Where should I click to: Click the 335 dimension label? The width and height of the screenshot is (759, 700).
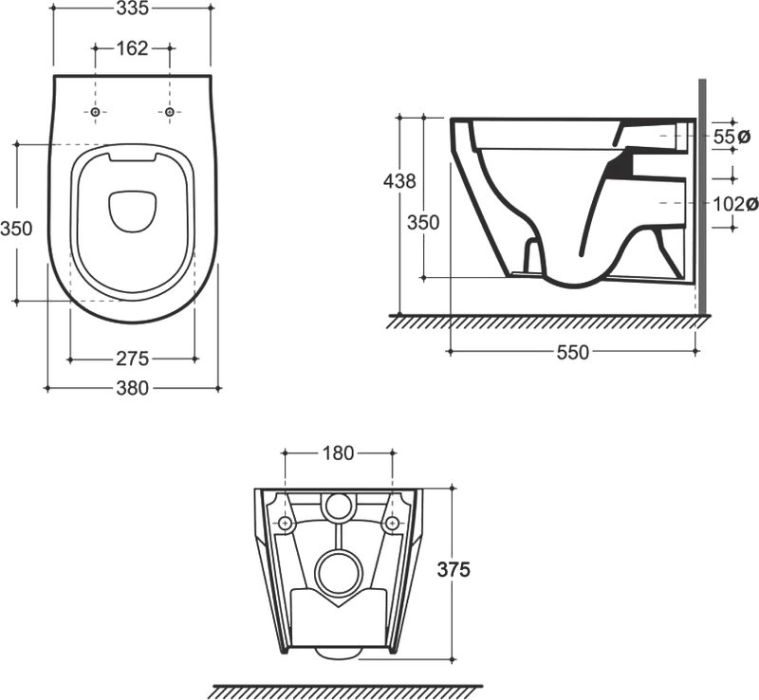click(132, 9)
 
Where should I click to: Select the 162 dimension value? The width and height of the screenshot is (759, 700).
click(132, 48)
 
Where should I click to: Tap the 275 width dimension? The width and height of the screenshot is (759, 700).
click(132, 359)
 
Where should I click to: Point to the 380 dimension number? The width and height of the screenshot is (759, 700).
click(132, 388)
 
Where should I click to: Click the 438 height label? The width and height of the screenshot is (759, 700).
click(399, 181)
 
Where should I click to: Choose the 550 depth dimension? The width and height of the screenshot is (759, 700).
click(573, 352)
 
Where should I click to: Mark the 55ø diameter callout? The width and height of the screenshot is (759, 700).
click(731, 137)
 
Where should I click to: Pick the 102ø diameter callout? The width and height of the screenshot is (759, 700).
click(734, 204)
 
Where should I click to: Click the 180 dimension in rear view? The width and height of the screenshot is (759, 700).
click(339, 453)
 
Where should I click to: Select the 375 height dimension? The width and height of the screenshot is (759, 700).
click(454, 570)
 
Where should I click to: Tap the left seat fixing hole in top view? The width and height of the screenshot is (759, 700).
click(96, 112)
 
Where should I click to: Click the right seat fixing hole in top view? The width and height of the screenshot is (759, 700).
click(169, 112)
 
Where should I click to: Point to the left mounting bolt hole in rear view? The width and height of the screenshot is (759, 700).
click(286, 523)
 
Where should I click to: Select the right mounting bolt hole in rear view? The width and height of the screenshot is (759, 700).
click(392, 523)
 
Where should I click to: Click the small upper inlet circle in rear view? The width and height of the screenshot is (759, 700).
click(339, 506)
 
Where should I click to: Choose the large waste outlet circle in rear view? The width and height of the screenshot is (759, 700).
click(339, 572)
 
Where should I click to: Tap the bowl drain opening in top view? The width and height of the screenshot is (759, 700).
click(132, 211)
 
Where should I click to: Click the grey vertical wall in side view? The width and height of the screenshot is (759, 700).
click(702, 196)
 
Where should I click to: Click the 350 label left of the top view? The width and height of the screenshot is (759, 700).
click(16, 228)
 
